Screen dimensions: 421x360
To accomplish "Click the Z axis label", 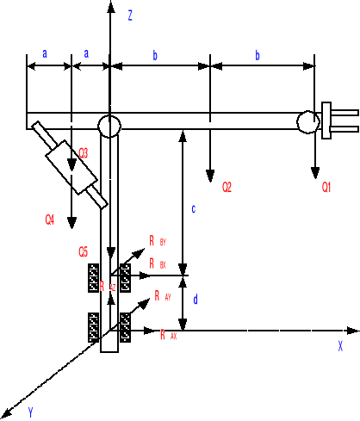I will (129, 15).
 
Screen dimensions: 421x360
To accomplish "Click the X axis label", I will (340, 346).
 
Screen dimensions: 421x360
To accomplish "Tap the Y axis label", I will (30, 412).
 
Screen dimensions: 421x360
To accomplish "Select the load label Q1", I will (327, 187).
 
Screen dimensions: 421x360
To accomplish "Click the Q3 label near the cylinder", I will (84, 152).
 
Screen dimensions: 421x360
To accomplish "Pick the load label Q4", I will (50, 220).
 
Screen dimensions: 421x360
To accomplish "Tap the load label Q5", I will (83, 251).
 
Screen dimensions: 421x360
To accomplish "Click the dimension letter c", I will (193, 208).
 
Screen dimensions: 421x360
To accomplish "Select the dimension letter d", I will (196, 300).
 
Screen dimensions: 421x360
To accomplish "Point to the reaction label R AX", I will (168, 335).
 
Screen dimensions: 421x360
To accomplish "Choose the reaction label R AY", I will (162, 295).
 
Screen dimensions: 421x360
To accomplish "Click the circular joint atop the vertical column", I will (109, 126).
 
